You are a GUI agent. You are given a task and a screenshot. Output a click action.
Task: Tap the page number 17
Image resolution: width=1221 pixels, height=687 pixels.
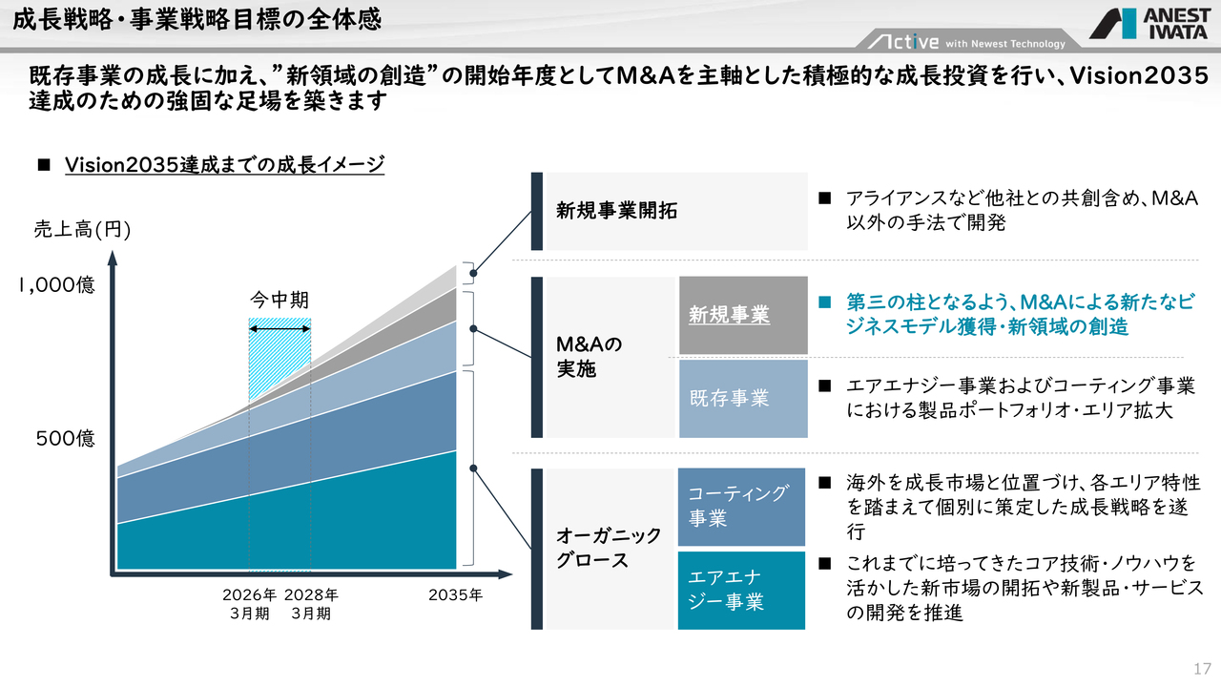1201,666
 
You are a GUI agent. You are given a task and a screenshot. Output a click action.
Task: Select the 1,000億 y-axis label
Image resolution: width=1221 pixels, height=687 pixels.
57,285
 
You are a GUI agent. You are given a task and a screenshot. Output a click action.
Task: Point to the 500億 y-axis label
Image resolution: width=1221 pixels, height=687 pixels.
66,439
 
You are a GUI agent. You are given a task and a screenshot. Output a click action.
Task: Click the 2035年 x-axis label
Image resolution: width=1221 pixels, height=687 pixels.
456,595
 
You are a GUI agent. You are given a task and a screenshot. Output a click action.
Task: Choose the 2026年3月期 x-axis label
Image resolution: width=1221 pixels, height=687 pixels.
250,604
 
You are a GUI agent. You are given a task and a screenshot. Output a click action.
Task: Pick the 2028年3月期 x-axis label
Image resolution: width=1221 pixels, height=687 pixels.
311,604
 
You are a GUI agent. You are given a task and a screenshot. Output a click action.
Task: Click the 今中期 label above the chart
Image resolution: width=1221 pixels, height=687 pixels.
279,299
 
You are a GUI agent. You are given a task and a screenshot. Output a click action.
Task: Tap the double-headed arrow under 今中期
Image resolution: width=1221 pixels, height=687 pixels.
279,329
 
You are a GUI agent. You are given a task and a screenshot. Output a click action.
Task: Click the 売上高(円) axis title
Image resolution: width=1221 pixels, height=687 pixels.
82,229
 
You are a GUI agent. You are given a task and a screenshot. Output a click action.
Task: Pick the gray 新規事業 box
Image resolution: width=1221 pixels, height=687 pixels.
743,315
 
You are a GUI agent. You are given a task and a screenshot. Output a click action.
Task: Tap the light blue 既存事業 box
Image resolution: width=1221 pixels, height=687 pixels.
743,399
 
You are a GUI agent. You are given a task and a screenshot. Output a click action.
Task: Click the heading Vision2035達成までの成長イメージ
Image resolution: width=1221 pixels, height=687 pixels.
224,164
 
